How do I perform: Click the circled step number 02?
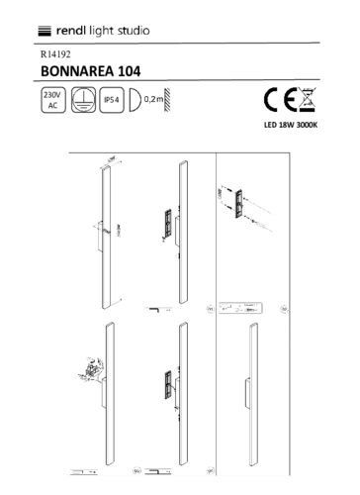click(x=284, y=309)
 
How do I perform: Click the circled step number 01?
click(x=207, y=309)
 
